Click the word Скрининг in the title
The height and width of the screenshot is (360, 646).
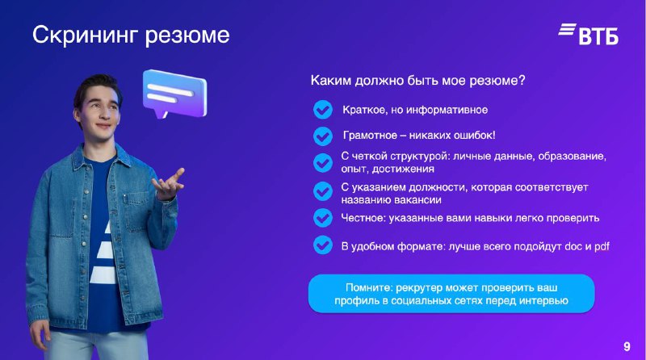85,36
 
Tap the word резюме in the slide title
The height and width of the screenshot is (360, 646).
187,36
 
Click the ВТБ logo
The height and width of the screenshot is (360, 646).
589,34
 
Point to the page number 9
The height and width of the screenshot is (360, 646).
627,346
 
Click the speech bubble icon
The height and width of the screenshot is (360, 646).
174,94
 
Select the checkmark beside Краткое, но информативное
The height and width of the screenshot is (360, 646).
322,110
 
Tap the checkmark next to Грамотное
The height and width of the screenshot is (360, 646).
322,136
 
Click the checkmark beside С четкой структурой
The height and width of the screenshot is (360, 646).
322,163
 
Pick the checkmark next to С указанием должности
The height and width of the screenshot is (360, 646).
322,191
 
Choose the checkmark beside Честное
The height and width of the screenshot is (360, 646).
322,218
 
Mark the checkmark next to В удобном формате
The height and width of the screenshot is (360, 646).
322,245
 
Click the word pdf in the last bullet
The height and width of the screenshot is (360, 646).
602,247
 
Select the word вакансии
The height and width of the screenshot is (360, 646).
416,200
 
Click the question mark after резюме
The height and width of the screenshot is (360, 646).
522,80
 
